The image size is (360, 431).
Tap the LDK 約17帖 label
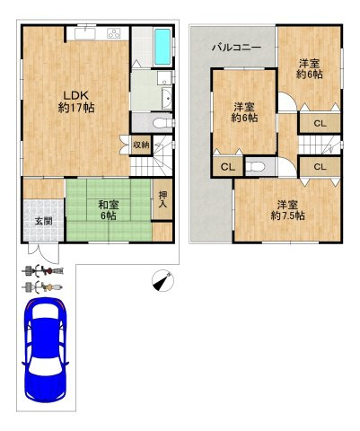tap(76, 101)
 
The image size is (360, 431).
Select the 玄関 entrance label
tap(44, 222)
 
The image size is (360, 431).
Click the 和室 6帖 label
tap(109, 210)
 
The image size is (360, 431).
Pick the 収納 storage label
tap(141, 145)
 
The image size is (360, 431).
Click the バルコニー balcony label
tap(237, 48)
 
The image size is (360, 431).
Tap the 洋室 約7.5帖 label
tap(288, 210)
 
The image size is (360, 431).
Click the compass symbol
tap(162, 280)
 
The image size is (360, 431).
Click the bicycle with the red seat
tap(42, 271)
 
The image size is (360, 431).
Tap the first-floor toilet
tap(162, 123)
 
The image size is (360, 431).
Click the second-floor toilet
tap(256, 166)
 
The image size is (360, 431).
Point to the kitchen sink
tap(85, 33)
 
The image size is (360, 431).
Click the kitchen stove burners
tap(114, 33)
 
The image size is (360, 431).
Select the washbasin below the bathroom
tap(167, 99)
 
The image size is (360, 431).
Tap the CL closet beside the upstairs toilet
tap(228, 167)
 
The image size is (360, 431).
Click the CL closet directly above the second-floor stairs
tap(320, 123)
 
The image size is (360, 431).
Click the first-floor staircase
tap(152, 155)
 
